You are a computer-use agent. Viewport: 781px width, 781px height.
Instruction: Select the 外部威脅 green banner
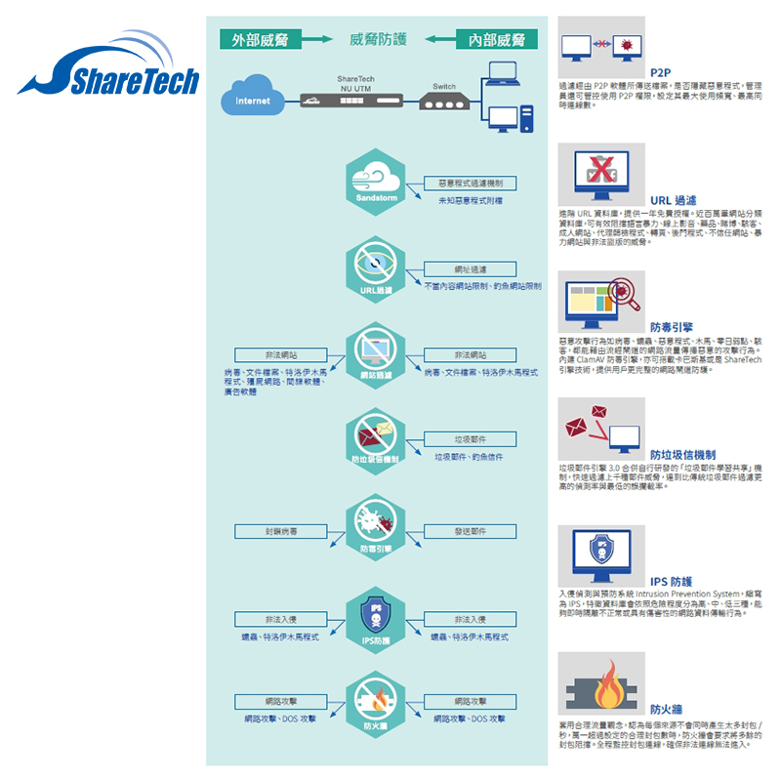pos(259,39)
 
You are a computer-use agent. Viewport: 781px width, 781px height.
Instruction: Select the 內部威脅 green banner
pos(497,39)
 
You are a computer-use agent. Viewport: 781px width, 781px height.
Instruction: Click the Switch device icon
pos(444,103)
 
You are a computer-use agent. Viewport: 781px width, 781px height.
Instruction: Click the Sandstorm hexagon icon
pos(376,179)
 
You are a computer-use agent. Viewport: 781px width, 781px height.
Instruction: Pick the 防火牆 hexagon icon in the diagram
pos(376,705)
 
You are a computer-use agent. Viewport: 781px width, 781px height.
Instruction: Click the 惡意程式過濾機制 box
pos(471,184)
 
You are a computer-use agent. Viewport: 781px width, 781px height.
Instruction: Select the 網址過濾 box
pos(471,269)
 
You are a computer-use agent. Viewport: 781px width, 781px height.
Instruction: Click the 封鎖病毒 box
pos(282,532)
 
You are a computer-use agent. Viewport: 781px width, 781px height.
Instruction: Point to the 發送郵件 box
pos(471,532)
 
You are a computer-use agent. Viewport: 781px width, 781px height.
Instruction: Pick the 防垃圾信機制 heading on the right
pos(683,455)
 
